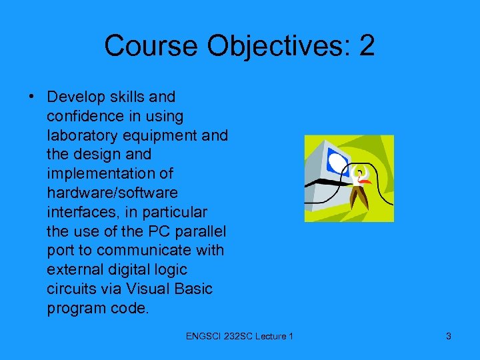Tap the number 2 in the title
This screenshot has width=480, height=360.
(366, 46)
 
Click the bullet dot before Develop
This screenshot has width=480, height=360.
(32, 97)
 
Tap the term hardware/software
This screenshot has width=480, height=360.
(112, 193)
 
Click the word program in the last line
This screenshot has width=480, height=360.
(75, 309)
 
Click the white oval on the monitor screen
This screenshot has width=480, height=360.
(339, 163)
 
